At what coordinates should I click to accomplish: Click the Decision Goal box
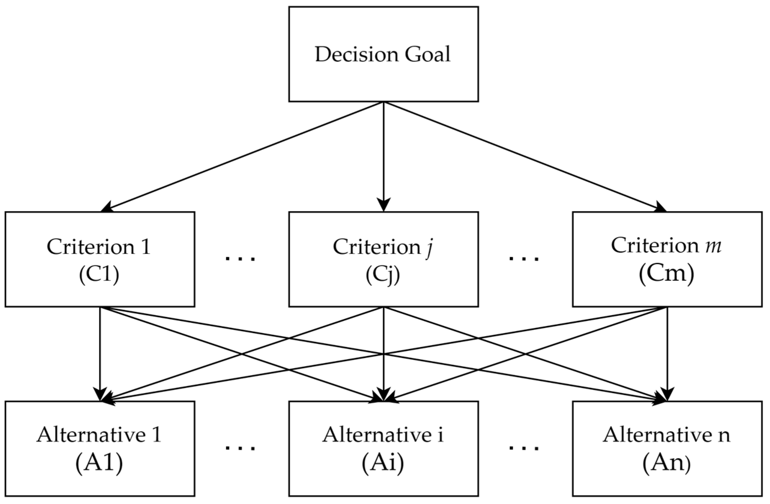pos(383,54)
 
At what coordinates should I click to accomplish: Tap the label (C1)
pos(99,275)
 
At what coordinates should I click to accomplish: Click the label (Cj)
pos(383,276)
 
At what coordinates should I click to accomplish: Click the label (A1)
pos(99,463)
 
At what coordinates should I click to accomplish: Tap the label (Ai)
pos(383,463)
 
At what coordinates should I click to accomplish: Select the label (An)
pos(666,463)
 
